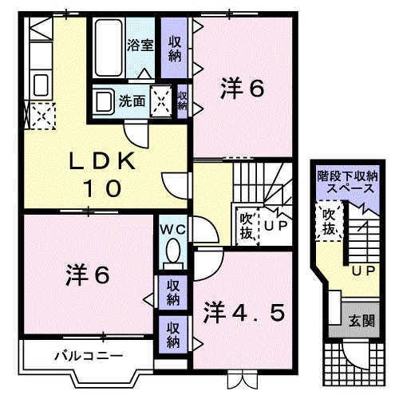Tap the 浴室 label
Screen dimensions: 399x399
click(140, 45)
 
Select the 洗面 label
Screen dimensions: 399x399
click(132, 101)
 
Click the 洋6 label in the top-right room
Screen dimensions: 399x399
click(242, 89)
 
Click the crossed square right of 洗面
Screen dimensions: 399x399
click(162, 101)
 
